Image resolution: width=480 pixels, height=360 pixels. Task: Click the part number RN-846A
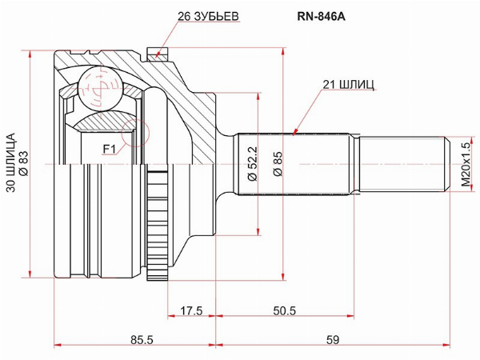point(321,17)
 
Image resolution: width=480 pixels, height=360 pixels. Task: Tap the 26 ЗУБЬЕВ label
point(208,17)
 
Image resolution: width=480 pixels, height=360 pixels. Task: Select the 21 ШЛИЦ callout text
point(348,85)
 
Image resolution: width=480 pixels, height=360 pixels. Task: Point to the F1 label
point(110,150)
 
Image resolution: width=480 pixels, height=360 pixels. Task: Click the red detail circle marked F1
point(135,133)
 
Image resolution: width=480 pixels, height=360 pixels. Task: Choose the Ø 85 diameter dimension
point(278,164)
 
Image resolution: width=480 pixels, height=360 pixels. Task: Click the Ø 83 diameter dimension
point(24,164)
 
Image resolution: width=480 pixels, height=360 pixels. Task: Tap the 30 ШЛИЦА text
point(11,162)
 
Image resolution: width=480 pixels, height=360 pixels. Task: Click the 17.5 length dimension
point(191,311)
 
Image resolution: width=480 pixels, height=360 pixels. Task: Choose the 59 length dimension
point(333,340)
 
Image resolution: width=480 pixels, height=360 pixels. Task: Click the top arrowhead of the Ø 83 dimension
point(30,54)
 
